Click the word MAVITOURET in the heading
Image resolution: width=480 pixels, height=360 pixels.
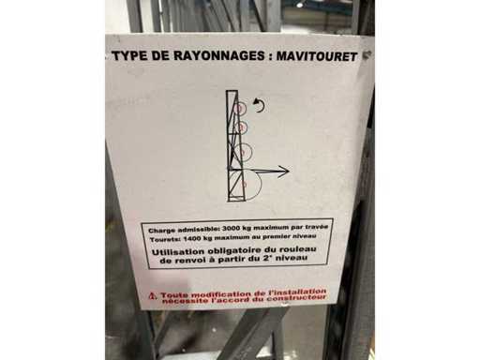316,57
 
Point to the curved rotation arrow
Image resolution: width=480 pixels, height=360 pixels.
259,105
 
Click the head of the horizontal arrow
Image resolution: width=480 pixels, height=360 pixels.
283,172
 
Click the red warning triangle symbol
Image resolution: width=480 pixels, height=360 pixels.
153,296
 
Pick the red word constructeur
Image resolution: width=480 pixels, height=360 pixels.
296,298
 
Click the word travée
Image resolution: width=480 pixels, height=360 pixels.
317,227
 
